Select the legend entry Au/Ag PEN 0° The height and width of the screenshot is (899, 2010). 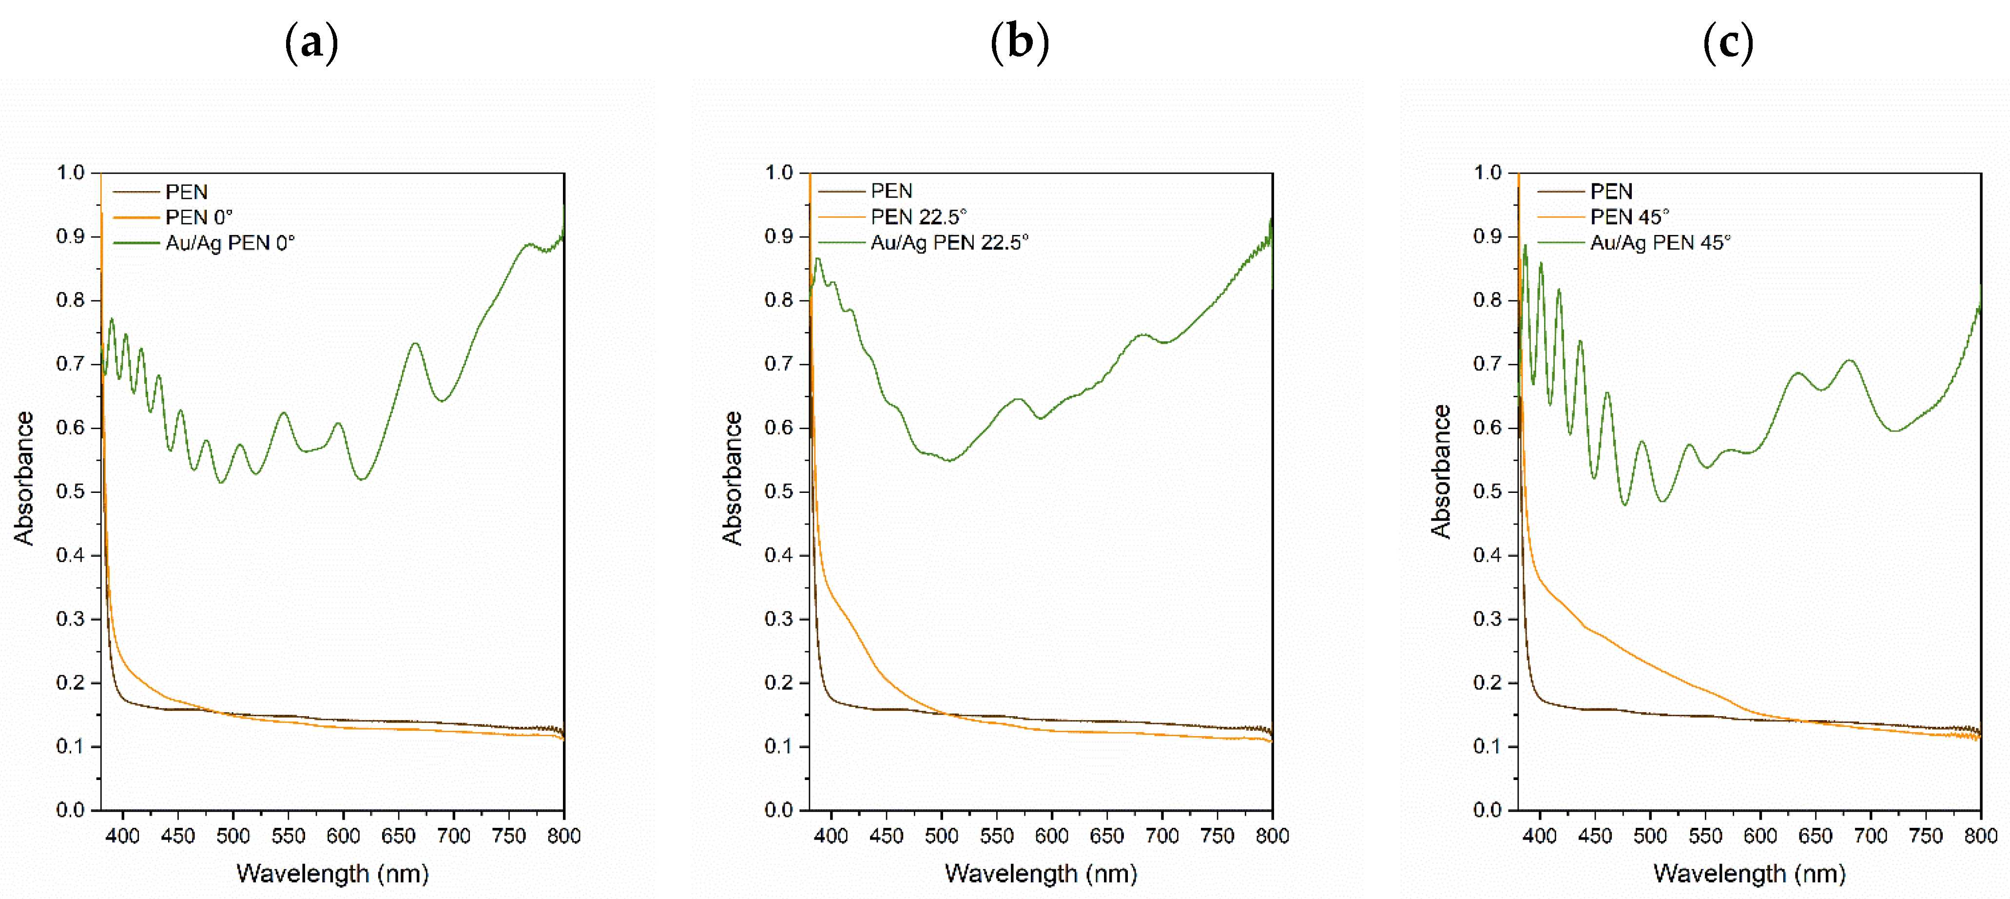tap(230, 243)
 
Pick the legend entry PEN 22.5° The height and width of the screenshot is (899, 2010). tap(918, 217)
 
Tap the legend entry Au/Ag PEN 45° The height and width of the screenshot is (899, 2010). tap(1660, 243)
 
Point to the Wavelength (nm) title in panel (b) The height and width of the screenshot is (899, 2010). tap(1041, 873)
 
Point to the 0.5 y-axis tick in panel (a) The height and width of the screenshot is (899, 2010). tap(70, 491)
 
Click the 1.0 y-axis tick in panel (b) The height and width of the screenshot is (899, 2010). tap(779, 173)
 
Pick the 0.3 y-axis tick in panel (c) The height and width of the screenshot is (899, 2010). tap(1487, 619)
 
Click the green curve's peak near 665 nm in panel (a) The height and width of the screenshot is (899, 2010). tap(415, 343)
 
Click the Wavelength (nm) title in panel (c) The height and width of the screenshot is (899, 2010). tap(1749, 873)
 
